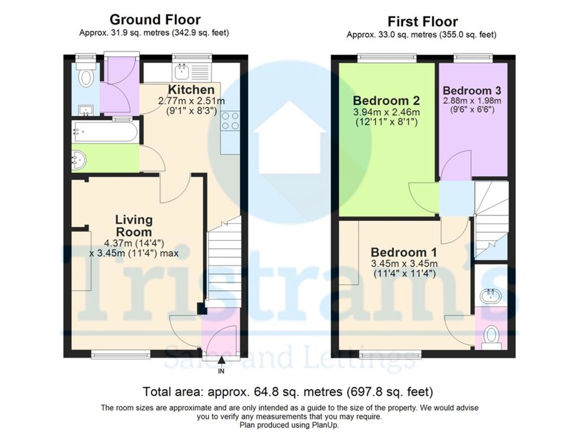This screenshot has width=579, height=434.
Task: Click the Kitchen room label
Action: [191, 90]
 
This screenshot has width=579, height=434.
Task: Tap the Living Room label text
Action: [134, 226]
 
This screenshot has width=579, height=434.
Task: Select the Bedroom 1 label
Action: [403, 252]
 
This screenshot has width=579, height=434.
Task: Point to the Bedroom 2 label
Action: [386, 101]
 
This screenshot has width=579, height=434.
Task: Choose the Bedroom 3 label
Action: [472, 90]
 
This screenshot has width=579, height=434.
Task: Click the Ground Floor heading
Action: [154, 20]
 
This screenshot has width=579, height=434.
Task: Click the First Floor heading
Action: [422, 21]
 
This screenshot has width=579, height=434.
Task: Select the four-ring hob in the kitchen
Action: [230, 121]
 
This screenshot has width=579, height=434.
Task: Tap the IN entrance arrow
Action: [221, 361]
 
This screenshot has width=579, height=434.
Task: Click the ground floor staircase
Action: [223, 260]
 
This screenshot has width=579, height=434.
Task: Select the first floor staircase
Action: [491, 217]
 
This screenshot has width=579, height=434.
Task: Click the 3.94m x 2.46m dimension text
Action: [386, 112]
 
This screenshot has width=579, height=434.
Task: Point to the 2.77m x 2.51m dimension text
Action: [191, 101]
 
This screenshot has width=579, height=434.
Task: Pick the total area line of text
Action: [289, 391]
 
